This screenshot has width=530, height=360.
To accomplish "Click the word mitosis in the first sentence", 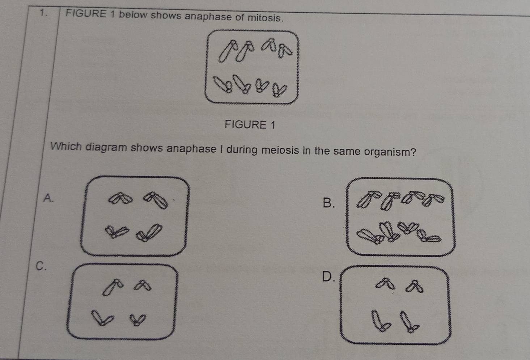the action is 265,18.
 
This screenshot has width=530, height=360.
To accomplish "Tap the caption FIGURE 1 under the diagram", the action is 250,124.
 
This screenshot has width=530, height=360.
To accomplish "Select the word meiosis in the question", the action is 280,150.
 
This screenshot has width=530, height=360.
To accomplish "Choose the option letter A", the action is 48,198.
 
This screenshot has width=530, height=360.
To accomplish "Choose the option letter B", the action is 328,203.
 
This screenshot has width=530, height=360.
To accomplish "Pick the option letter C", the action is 41,266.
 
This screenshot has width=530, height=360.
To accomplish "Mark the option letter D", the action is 328,276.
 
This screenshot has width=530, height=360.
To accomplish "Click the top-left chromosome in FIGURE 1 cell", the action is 228,51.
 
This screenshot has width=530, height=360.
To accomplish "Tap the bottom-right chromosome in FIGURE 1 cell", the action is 279,90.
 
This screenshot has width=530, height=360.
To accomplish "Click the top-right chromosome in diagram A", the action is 156,200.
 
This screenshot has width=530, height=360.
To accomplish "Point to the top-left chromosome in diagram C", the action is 113,287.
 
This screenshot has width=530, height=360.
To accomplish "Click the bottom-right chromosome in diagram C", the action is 138,320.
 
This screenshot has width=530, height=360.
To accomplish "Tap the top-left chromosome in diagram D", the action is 385,284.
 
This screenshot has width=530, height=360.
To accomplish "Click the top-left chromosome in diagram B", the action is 369,199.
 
